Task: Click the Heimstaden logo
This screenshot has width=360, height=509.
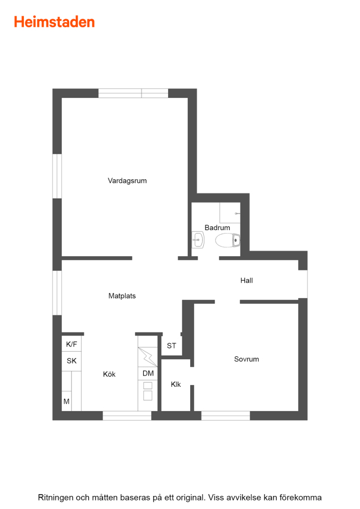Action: coord(54,22)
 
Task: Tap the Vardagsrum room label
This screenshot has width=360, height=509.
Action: coord(127,181)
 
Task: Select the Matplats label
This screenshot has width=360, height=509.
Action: coord(122,296)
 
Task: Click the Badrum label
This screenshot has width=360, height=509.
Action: coord(217,227)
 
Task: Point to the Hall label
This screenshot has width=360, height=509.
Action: coord(247,281)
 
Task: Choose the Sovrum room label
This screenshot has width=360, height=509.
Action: coord(247,359)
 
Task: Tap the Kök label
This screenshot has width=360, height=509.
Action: coord(109,374)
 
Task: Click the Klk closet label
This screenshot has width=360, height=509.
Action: coord(176,385)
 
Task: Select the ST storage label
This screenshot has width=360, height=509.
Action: coord(172,346)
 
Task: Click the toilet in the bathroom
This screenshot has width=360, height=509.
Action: coord(228,240)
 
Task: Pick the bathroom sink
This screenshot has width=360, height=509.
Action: coord(198,240)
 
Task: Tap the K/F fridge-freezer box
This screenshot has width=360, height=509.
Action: coord(71,344)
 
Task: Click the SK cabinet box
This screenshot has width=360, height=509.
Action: coord(71,361)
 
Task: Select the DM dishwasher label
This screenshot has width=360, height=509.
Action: coord(148,373)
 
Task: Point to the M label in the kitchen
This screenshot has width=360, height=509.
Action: coord(67,402)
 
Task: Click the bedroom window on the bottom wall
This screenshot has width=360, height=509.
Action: coord(225,416)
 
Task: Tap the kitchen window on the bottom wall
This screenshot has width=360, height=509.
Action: coord(127,416)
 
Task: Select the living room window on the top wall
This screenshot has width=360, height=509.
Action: coord(133,93)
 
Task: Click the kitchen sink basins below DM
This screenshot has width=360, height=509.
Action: coord(148,391)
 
